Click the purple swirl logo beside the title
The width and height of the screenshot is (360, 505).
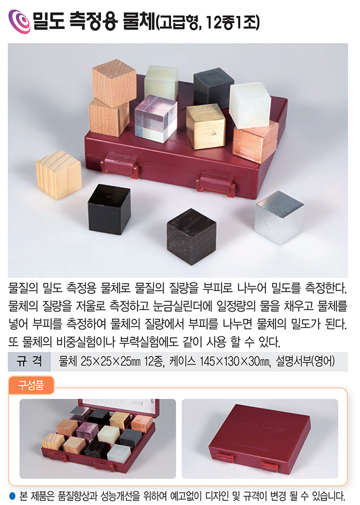point(19,22)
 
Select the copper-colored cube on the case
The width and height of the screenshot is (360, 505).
point(255,141)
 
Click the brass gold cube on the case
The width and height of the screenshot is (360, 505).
point(205,127)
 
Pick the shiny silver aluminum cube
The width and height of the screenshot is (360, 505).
point(279,217)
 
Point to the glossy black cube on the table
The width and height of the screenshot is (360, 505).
point(109,209)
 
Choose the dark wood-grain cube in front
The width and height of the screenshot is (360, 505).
point(191,236)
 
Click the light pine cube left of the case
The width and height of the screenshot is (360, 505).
point(59,175)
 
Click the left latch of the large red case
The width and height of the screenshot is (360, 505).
point(119,165)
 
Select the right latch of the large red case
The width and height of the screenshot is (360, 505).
point(216,184)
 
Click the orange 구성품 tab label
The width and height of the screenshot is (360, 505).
point(31,385)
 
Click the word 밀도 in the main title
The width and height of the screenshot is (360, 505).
point(49,22)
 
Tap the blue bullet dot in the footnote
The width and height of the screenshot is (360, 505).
point(13,495)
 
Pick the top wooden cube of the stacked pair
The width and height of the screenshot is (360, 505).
point(114,83)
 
